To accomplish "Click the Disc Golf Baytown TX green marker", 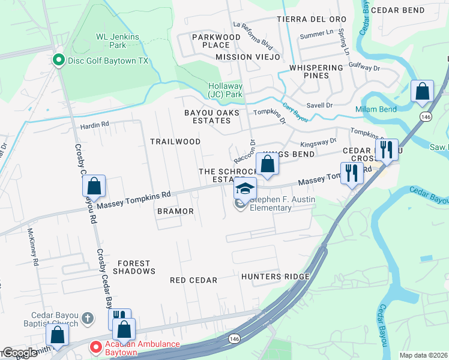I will pyautogui.click(x=59, y=61).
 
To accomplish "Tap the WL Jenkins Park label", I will pyautogui.click(x=118, y=41).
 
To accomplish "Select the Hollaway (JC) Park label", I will pyautogui.click(x=224, y=90).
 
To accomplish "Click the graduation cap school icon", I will pyautogui.click(x=245, y=188).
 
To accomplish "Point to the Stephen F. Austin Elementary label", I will pyautogui.click(x=270, y=204).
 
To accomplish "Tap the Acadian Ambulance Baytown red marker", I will pyautogui.click(x=95, y=347).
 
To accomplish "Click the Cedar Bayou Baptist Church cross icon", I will pyautogui.click(x=86, y=317).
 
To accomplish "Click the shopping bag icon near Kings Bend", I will pyautogui.click(x=267, y=164).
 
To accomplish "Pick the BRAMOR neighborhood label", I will pyautogui.click(x=175, y=211).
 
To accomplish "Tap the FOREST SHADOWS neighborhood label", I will pyautogui.click(x=136, y=267).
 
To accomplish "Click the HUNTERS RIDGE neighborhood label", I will pyautogui.click(x=276, y=277).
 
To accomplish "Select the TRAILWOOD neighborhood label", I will pyautogui.click(x=175, y=142).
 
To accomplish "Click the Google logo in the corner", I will pyautogui.click(x=20, y=353).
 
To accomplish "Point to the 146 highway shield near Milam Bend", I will pyautogui.click(x=426, y=116).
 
